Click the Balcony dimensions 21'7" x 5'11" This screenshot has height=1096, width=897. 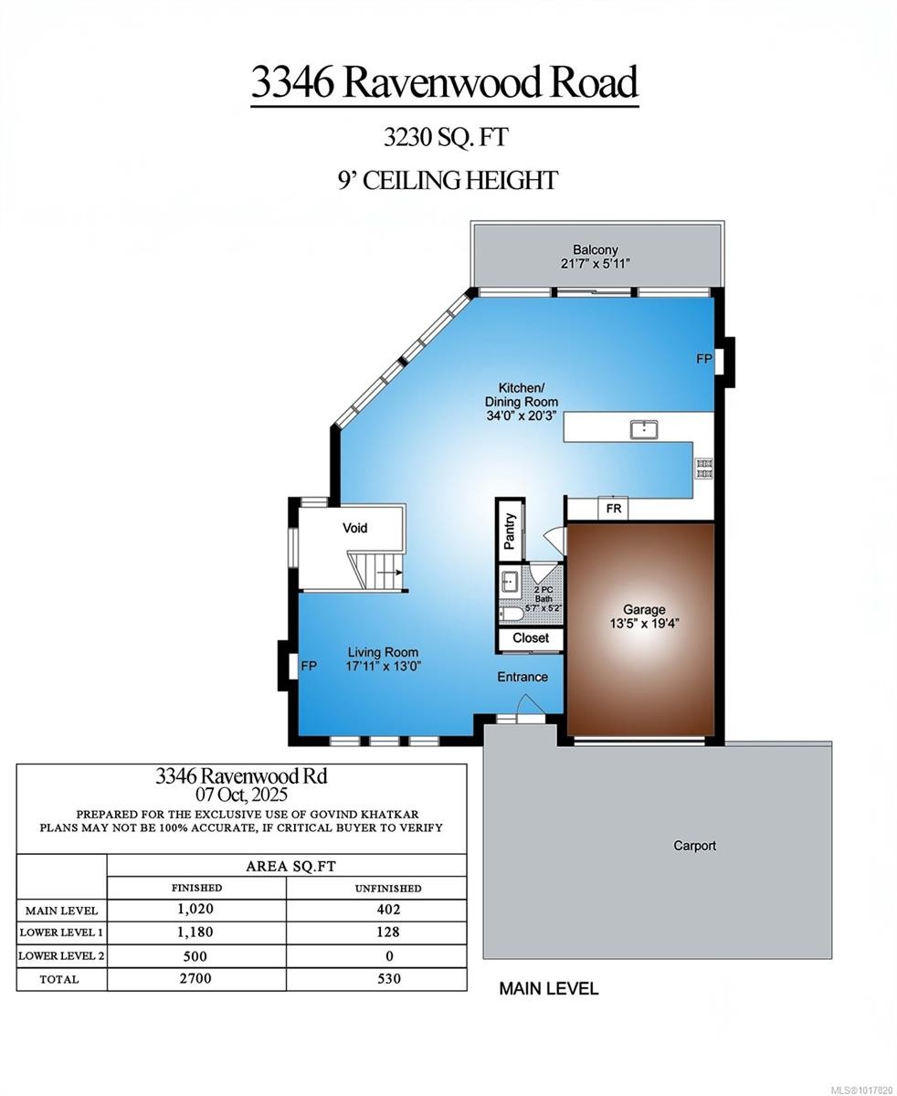[x=596, y=264]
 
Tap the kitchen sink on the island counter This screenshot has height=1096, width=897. [x=644, y=428]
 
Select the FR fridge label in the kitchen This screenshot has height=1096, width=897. [x=614, y=509]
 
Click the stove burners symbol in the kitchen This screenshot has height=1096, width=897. [x=704, y=469]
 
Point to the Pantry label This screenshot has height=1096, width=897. [x=510, y=531]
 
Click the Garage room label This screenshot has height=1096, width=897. [x=644, y=609]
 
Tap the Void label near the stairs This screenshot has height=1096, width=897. [x=354, y=528]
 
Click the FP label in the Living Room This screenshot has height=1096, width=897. [x=309, y=667]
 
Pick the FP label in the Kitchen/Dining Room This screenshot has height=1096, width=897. [x=703, y=359]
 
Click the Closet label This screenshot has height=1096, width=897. [x=531, y=638]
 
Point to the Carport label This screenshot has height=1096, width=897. [x=694, y=846]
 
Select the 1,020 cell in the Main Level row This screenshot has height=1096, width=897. [x=196, y=910]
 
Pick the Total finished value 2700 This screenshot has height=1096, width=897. [x=195, y=978]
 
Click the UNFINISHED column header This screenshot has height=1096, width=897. [x=388, y=888]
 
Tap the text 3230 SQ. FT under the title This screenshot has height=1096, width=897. [x=446, y=138]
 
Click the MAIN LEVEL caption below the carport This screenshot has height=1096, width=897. [x=548, y=988]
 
